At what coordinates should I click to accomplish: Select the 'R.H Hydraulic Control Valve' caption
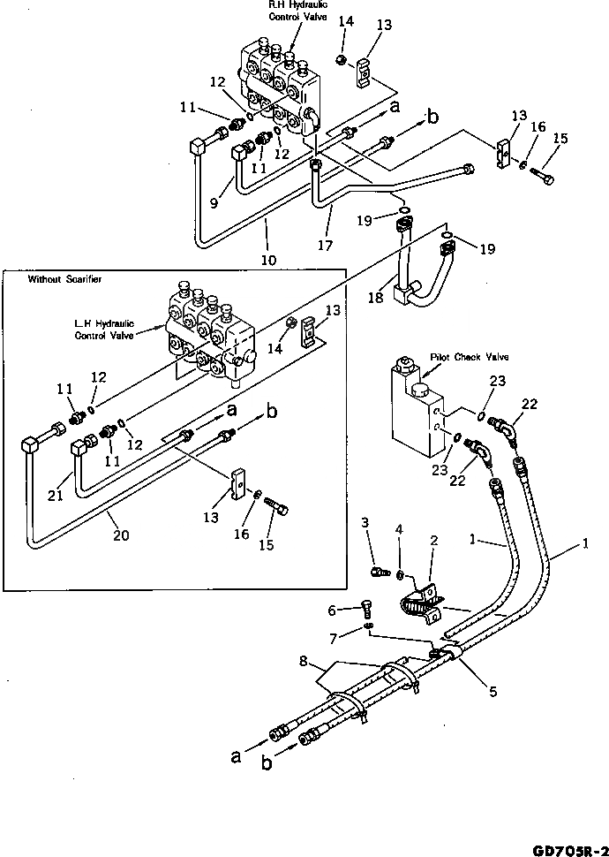click(293, 11)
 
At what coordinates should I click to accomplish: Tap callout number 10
click(268, 260)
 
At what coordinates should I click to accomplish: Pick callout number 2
click(432, 539)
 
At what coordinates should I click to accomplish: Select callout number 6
click(332, 611)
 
